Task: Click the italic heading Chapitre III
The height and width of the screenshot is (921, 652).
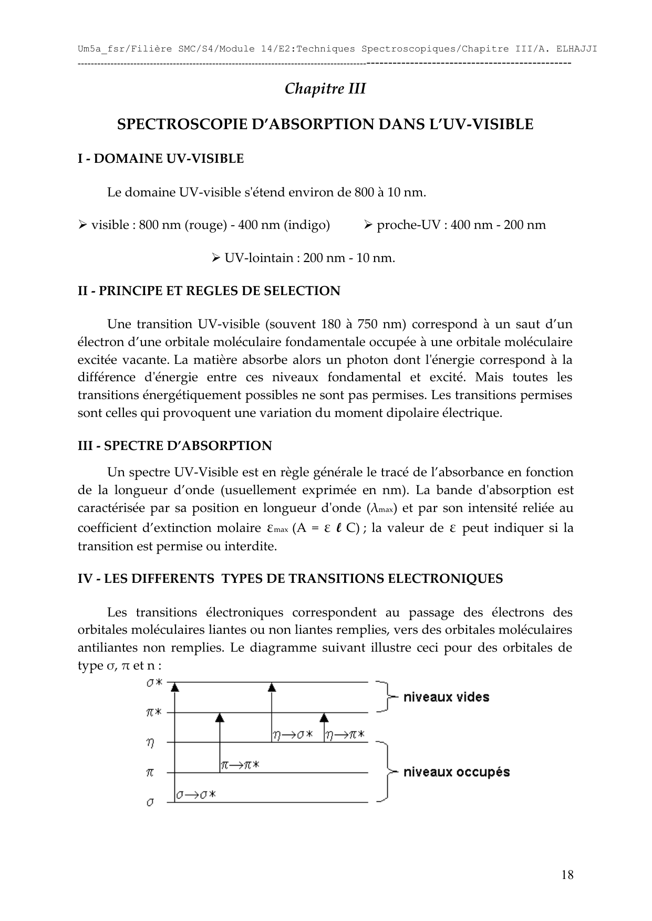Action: click(325, 89)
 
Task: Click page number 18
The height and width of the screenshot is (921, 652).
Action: click(567, 875)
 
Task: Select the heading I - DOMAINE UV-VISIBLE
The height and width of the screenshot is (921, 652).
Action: click(161, 159)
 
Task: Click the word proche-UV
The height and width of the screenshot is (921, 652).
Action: click(405, 225)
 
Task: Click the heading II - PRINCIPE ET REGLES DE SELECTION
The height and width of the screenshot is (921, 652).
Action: click(209, 291)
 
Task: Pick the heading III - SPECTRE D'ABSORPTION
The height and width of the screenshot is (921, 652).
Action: click(175, 446)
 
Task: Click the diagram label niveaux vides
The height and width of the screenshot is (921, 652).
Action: click(446, 697)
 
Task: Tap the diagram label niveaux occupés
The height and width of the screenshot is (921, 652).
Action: click(456, 772)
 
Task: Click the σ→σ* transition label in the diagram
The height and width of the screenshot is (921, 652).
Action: click(196, 795)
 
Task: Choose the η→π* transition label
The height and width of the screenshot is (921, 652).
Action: click(345, 735)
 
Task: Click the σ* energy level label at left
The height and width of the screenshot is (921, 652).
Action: click(154, 683)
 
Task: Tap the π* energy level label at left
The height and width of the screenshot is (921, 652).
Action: click(154, 713)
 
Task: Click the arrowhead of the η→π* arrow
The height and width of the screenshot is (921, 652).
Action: click(324, 717)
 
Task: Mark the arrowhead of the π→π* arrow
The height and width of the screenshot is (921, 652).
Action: click(220, 717)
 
